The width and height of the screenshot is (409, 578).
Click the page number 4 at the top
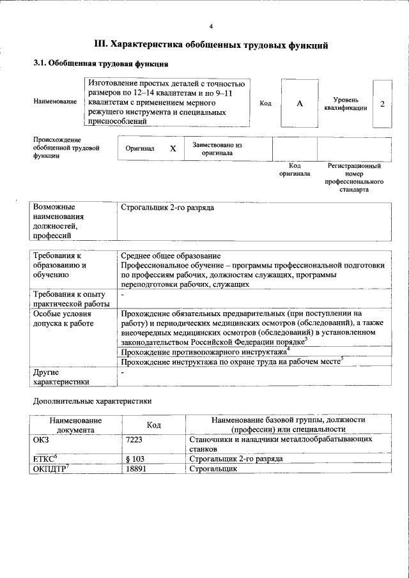(211, 26)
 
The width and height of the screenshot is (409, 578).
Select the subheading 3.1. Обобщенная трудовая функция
(101, 64)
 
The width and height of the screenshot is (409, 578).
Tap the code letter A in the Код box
(299, 103)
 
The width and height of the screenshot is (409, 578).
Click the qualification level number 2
(382, 103)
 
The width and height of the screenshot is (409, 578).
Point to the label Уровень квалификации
(346, 104)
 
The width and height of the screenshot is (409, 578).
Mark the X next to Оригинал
(173, 148)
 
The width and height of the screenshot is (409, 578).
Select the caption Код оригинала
(295, 169)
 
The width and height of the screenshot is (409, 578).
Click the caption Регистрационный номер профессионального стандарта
(354, 178)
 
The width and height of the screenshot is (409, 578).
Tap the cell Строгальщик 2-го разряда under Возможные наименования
(167, 208)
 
